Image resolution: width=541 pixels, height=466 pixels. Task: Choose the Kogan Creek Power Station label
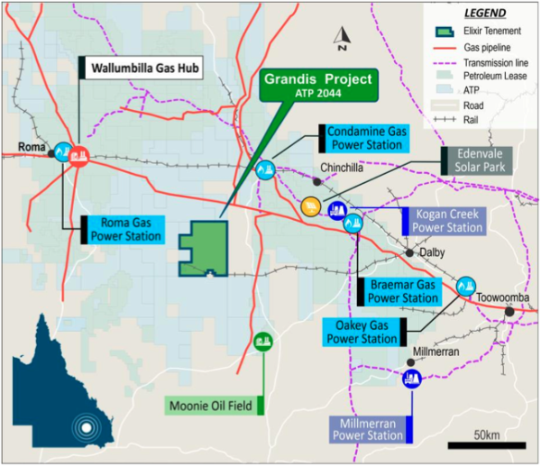448,221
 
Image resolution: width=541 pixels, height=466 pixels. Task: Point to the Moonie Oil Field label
212,404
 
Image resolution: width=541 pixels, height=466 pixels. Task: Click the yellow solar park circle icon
310,206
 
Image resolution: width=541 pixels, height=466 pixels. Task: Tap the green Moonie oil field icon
262,341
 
